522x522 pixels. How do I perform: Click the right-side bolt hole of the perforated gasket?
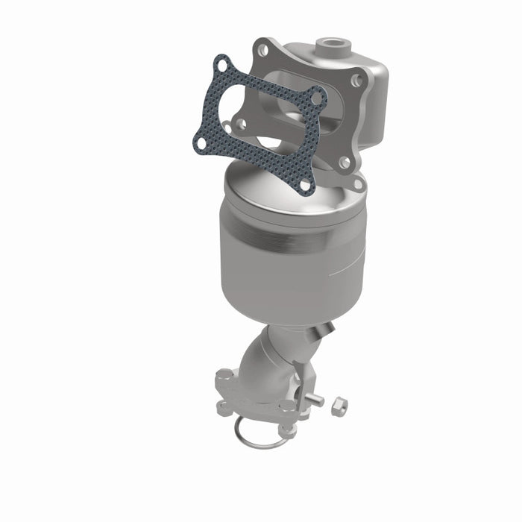pyautogui.click(x=318, y=97)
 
